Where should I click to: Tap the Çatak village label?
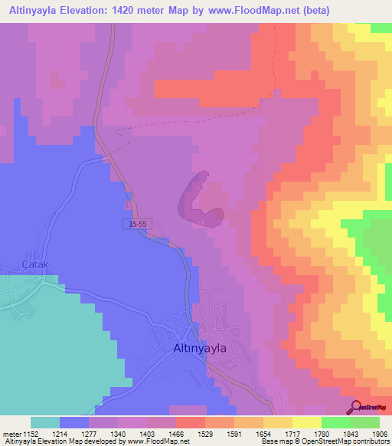tap(35, 264)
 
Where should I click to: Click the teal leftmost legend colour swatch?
tap(44, 422)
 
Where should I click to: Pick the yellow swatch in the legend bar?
tap(306, 422)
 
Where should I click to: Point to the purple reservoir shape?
tap(199, 202)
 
